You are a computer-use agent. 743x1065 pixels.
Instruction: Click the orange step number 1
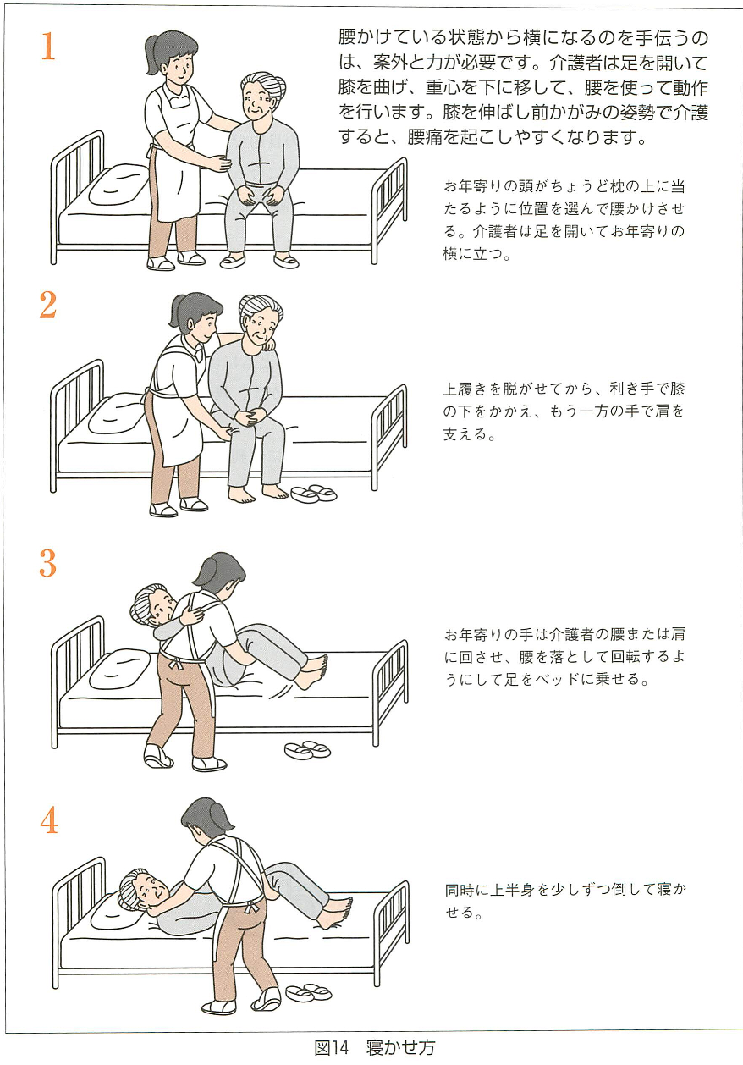48,47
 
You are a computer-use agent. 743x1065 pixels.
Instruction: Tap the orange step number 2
48,306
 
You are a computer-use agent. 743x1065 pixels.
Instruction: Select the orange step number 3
48,563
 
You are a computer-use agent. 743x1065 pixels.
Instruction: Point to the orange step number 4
48,819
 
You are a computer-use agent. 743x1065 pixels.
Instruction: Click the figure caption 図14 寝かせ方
374,1047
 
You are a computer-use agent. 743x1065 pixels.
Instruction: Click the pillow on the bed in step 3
119,667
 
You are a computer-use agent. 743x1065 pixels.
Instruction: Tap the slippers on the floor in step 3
307,749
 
